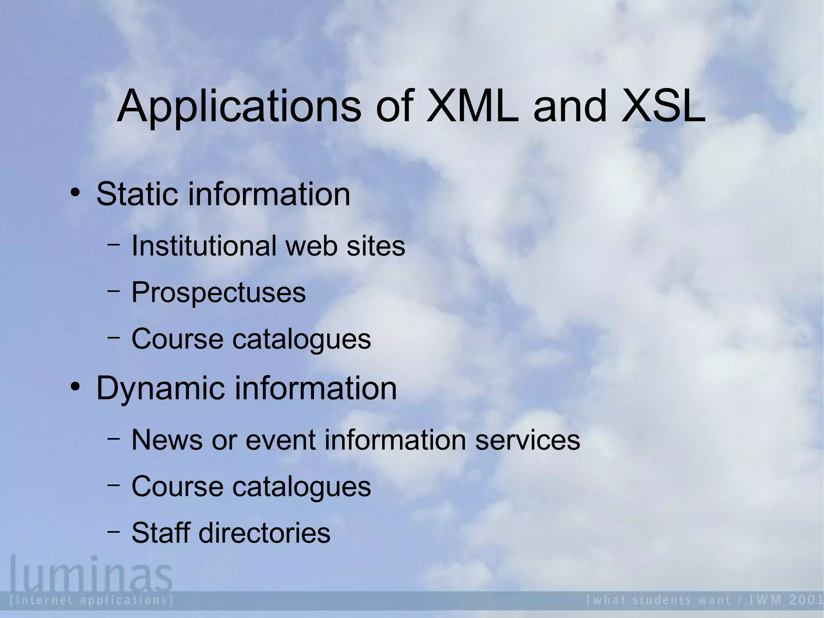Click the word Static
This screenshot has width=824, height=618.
[137, 194]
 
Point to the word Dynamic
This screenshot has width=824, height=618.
[160, 388]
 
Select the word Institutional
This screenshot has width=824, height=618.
[204, 246]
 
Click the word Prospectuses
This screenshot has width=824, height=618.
[218, 292]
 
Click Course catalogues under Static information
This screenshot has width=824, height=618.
[251, 339]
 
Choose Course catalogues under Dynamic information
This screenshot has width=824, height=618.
[251, 486]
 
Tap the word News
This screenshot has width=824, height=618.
[167, 440]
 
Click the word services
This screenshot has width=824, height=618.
[527, 440]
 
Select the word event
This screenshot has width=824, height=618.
[280, 440]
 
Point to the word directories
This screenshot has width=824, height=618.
[264, 533]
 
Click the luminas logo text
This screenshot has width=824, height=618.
[91, 572]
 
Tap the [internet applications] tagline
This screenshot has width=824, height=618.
[92, 600]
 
